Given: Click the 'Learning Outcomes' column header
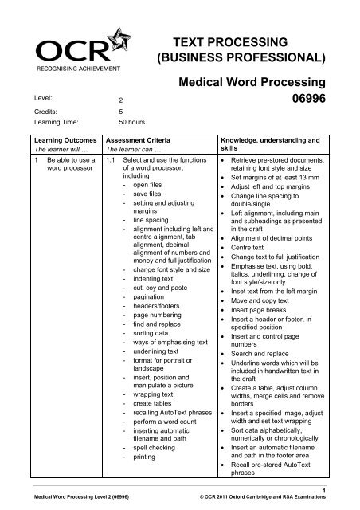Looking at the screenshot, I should (x=57, y=138).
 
